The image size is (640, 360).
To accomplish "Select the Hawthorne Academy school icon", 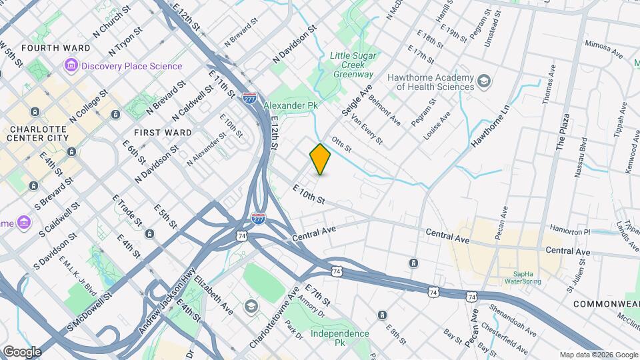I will tap(484, 82).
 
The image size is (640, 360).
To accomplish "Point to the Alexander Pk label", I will tap(291, 105).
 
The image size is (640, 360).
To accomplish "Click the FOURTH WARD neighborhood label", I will tap(47, 48).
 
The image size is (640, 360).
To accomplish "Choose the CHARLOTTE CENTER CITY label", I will tap(37, 133).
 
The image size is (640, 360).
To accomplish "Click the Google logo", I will tap(22, 351).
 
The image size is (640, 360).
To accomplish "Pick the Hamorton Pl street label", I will tap(568, 231).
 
